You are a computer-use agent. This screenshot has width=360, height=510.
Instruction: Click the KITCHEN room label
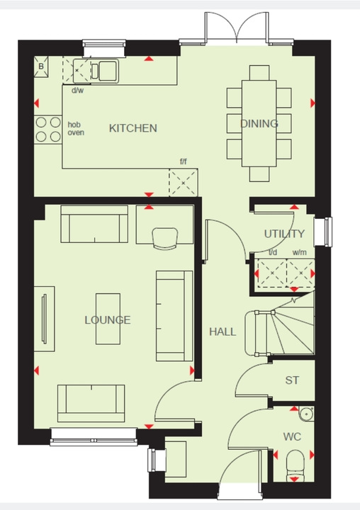(133, 128)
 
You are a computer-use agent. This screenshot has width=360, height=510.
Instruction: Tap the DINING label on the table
(259, 124)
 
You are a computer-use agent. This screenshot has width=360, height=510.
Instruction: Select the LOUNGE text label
(108, 320)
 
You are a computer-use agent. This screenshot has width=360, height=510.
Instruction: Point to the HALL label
(222, 331)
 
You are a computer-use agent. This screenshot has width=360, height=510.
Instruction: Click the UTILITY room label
(284, 234)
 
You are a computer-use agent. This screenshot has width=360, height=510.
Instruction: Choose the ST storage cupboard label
(291, 380)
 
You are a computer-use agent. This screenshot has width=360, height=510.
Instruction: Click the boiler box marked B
(41, 67)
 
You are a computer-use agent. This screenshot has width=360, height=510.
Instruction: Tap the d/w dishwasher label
(77, 91)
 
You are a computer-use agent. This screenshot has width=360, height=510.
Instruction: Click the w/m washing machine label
(298, 252)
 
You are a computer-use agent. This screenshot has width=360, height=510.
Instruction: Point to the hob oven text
(75, 129)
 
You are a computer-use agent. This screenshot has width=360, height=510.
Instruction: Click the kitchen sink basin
(108, 69)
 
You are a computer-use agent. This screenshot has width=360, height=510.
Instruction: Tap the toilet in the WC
(293, 466)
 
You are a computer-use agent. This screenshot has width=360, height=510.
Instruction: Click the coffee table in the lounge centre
(108, 319)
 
